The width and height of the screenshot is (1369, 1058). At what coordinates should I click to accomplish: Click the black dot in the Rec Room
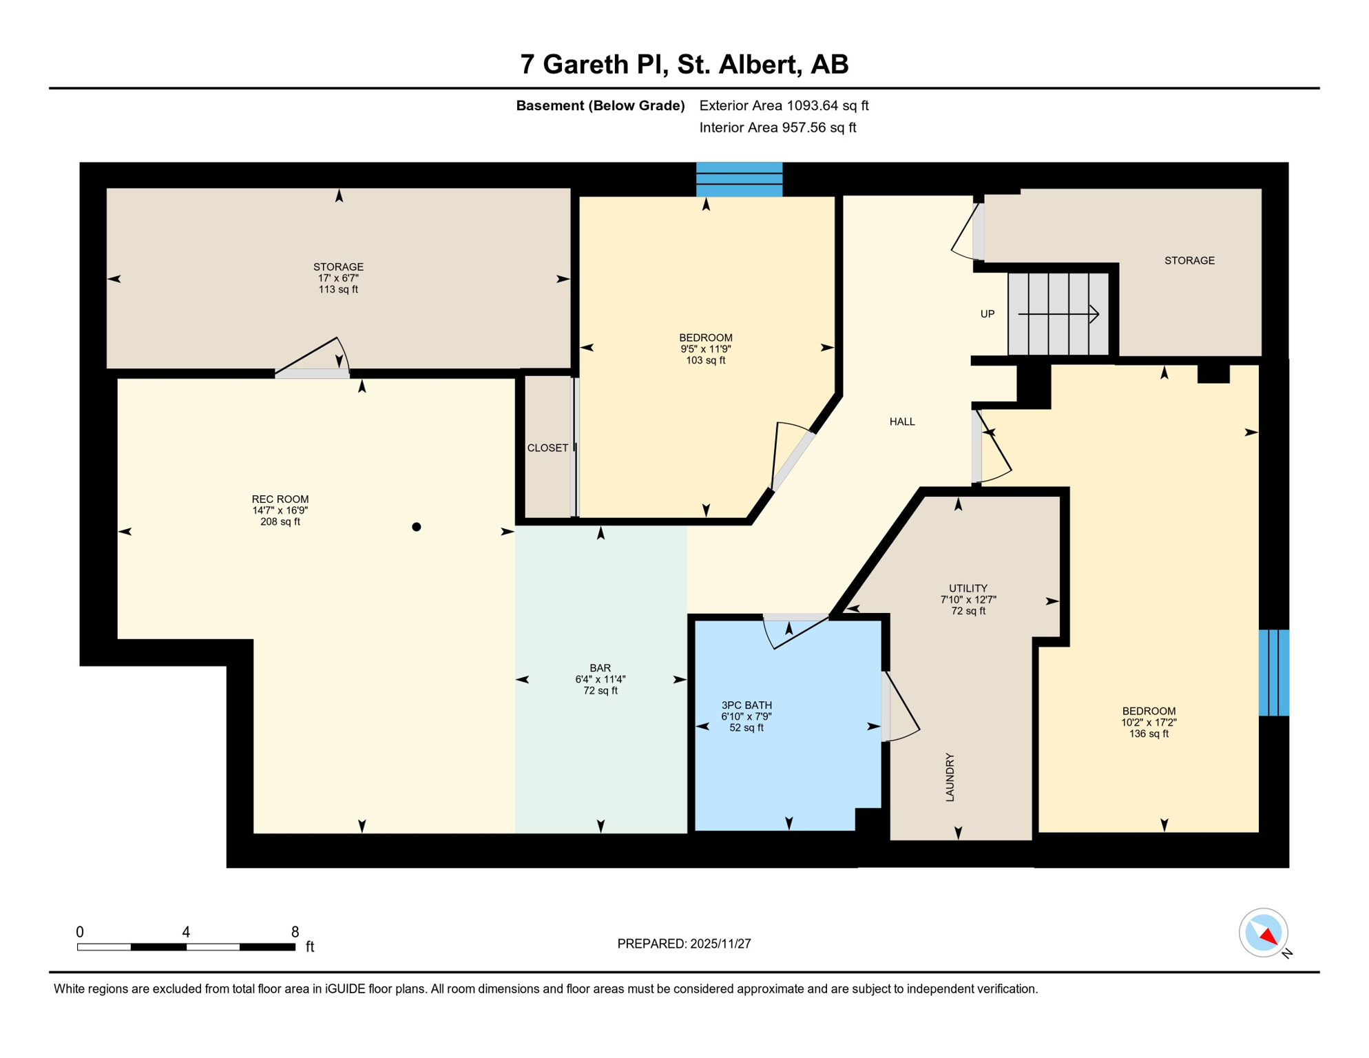point(417,527)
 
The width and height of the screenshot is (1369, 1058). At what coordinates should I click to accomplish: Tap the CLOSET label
point(547,448)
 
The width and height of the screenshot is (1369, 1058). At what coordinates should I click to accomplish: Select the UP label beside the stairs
point(987,314)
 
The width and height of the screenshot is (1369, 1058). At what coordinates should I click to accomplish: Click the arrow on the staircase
point(1058,314)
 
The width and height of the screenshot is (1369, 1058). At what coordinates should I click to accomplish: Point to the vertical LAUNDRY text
point(950,777)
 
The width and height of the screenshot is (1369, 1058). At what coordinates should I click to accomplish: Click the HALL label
point(902,422)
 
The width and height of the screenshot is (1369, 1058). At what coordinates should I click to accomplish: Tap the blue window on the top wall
point(739,180)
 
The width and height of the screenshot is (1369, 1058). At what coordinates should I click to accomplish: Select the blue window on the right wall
point(1273,672)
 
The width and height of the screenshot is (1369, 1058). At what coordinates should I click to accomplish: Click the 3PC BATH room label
point(746,705)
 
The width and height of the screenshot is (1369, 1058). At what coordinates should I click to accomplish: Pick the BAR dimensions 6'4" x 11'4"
point(600,679)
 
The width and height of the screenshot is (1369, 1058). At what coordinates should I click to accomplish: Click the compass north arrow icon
point(1264,933)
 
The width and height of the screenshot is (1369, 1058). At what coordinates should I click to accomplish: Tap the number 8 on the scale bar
point(295,932)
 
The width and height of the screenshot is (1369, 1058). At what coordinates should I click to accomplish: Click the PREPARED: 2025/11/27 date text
point(684,944)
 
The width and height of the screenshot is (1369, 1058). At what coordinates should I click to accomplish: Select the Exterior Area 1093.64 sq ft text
point(784,105)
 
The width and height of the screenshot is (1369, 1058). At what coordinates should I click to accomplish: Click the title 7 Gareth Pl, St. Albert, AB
point(684,64)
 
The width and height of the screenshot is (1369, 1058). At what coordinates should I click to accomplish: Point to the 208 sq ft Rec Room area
point(280,521)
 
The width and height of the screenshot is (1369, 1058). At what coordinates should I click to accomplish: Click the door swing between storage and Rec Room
point(313,358)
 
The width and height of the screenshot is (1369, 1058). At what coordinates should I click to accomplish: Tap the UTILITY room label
point(968,588)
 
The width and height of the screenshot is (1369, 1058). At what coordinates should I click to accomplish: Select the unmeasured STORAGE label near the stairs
point(1189,260)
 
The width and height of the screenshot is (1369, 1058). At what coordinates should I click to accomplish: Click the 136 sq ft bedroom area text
point(1149,734)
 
